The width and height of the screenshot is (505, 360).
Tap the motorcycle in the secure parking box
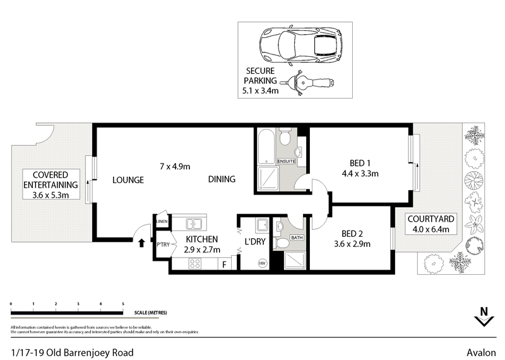pos(310,82)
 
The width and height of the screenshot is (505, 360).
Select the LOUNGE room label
pos(128,180)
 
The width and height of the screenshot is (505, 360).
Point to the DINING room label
pos(222,179)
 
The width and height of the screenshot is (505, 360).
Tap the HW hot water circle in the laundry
pos(261,262)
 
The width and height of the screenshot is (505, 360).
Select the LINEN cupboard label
pos(162,222)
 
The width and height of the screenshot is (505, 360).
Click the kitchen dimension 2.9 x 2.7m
pos(202,249)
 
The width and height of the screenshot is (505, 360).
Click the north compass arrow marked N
pos(484,317)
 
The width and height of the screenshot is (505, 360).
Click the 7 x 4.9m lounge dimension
pos(175,166)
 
